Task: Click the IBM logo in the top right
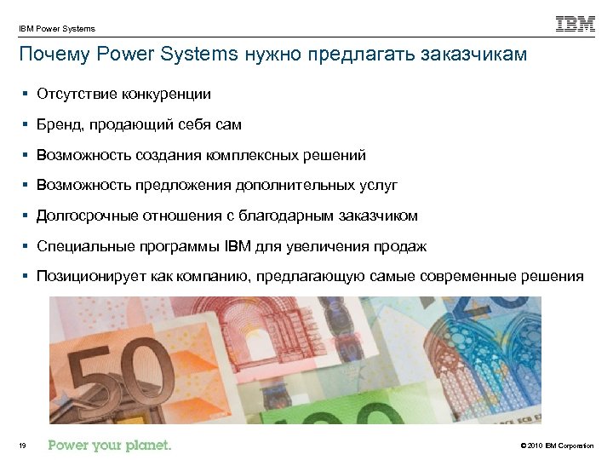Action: [x=576, y=25]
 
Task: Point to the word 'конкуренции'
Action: [x=167, y=94]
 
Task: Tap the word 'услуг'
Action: [x=379, y=186]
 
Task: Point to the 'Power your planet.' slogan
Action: [x=110, y=445]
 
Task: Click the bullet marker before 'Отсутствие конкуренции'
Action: [x=27, y=94]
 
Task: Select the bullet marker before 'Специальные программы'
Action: [x=27, y=247]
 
